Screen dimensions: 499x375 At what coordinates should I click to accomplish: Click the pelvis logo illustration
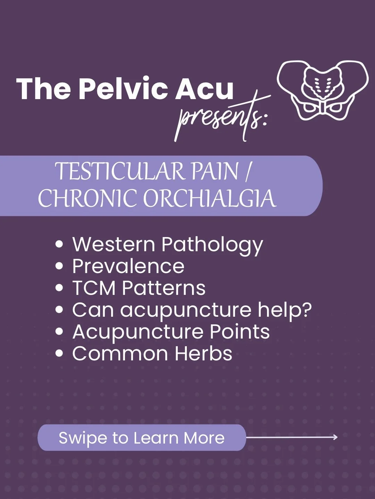[x=322, y=90]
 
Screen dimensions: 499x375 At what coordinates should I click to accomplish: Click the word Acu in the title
[x=204, y=89]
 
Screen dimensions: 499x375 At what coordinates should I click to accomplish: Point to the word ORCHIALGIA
[x=210, y=199]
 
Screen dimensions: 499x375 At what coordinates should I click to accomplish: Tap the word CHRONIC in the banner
[x=87, y=199]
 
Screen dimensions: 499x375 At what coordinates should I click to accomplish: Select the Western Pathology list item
[x=167, y=245]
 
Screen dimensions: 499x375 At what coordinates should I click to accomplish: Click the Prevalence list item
[x=128, y=266]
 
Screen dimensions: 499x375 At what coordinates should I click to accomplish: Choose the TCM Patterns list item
[x=139, y=288]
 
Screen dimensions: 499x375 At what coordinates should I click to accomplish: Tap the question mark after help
[x=306, y=309]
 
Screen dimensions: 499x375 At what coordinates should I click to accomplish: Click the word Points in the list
[x=240, y=332]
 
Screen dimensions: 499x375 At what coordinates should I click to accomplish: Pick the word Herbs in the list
[x=203, y=353]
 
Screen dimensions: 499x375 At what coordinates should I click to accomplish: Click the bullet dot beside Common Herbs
[x=59, y=354]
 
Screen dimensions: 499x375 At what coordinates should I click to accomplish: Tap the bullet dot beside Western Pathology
[x=59, y=244]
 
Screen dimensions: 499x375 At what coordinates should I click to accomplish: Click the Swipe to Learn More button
[x=142, y=438]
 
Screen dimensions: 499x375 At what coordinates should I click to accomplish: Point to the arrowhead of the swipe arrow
[x=335, y=437]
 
